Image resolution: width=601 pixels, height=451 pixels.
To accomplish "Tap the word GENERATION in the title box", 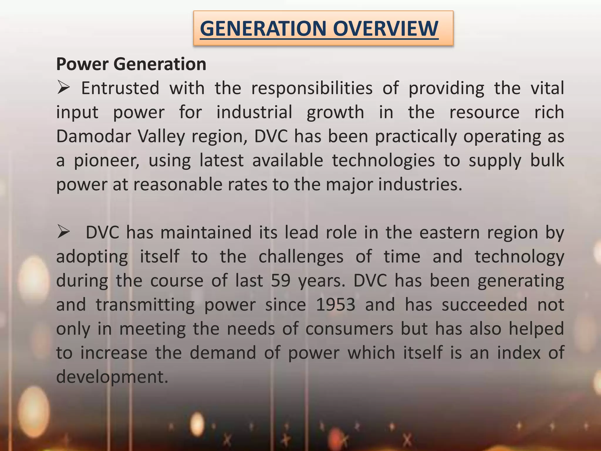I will (x=263, y=28).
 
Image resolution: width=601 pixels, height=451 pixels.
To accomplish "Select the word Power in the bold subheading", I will (x=82, y=64).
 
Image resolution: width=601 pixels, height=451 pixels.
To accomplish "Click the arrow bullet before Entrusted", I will (x=63, y=88).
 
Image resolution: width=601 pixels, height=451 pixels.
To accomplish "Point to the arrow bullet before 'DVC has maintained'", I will (x=63, y=233).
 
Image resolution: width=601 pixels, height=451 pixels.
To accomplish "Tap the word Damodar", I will (x=93, y=136).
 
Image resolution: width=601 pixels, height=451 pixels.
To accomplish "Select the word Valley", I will (x=161, y=137).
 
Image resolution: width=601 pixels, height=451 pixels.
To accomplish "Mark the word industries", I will (x=420, y=184).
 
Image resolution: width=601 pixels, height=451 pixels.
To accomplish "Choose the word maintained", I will (x=206, y=233).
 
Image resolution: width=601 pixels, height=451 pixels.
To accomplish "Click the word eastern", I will (x=449, y=233).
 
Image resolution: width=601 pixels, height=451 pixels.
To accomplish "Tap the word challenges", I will (x=301, y=257).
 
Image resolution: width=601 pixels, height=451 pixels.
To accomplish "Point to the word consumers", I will (x=349, y=329).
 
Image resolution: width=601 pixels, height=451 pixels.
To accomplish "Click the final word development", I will (x=112, y=377).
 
